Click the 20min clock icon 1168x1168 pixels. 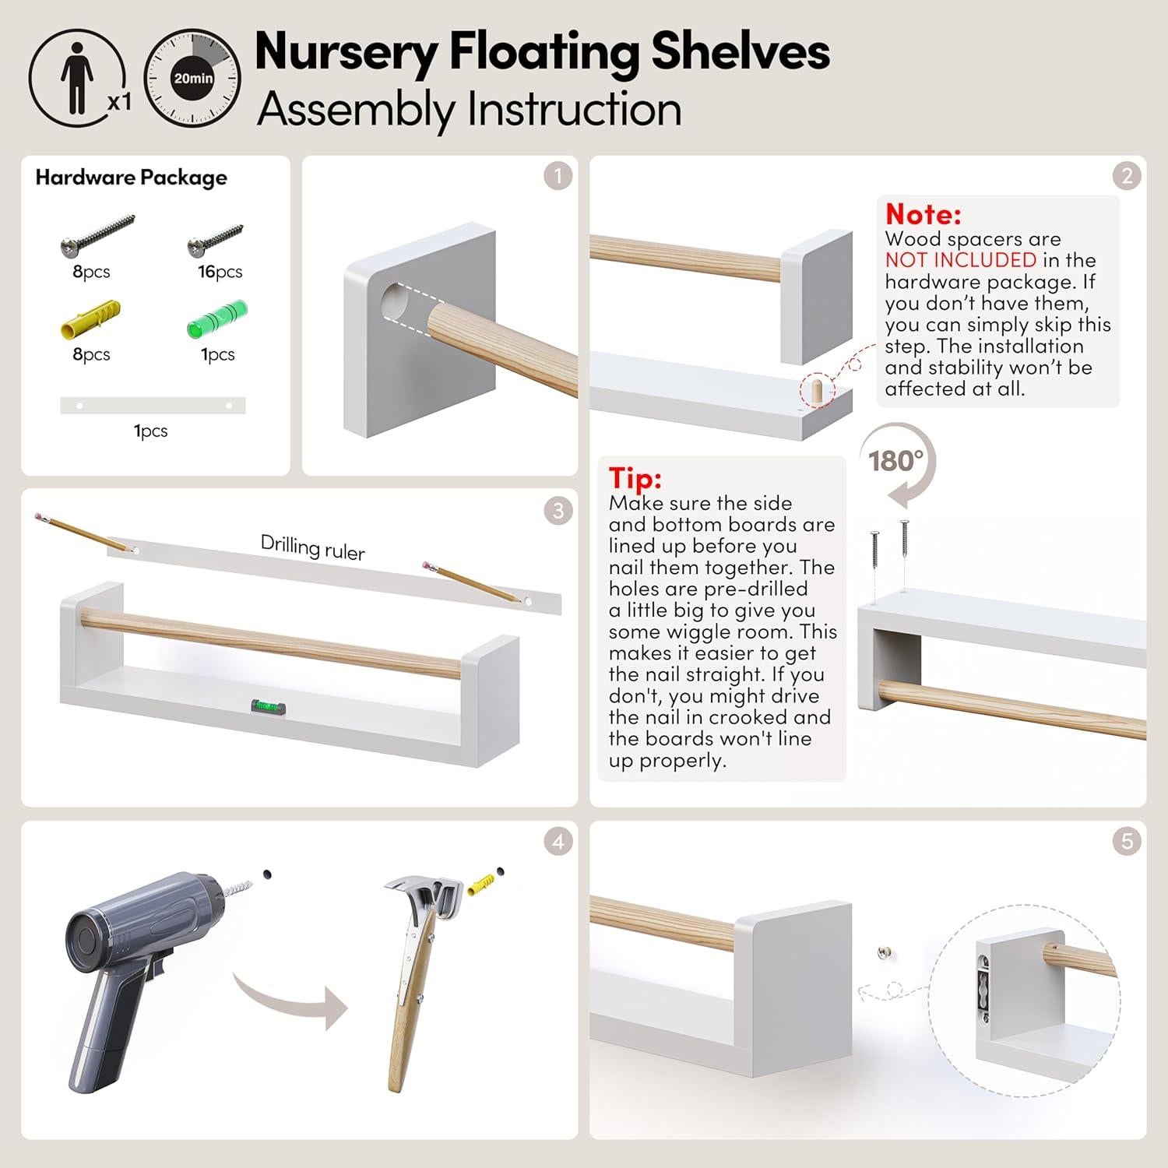[x=192, y=78]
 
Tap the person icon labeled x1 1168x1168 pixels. [x=77, y=78]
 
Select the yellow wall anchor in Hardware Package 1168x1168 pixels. [x=90, y=318]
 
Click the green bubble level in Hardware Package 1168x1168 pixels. [x=217, y=318]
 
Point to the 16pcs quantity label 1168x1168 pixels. [x=220, y=272]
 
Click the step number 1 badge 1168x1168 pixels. [x=558, y=176]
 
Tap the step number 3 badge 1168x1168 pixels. [x=558, y=511]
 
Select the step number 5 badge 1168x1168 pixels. [x=1127, y=841]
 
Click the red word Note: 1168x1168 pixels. [x=923, y=214]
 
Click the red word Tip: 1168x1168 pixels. [x=635, y=477]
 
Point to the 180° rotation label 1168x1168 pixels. [x=895, y=461]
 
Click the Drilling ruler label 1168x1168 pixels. [x=312, y=547]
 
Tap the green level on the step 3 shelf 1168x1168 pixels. [x=268, y=706]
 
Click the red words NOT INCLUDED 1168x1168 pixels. [x=960, y=260]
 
